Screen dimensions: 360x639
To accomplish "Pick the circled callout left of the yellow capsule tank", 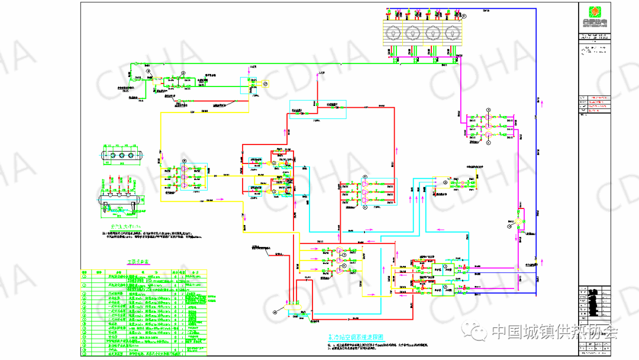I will [275, 310].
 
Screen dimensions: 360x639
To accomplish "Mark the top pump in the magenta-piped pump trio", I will [489, 117].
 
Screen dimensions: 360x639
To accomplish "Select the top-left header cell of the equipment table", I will [85, 272].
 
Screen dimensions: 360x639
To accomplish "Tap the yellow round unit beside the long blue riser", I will [519, 223].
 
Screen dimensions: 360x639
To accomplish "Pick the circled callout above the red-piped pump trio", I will [366, 177].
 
